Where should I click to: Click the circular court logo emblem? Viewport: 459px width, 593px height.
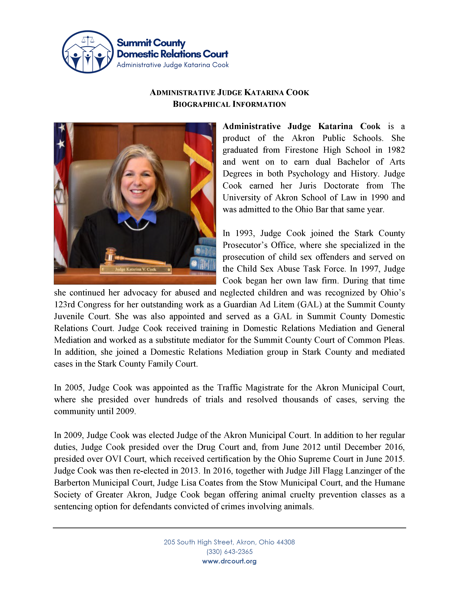pos(88,52)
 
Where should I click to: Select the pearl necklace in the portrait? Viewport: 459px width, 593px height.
pos(137,226)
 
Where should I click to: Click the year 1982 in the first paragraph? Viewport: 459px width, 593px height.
pos(396,150)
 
